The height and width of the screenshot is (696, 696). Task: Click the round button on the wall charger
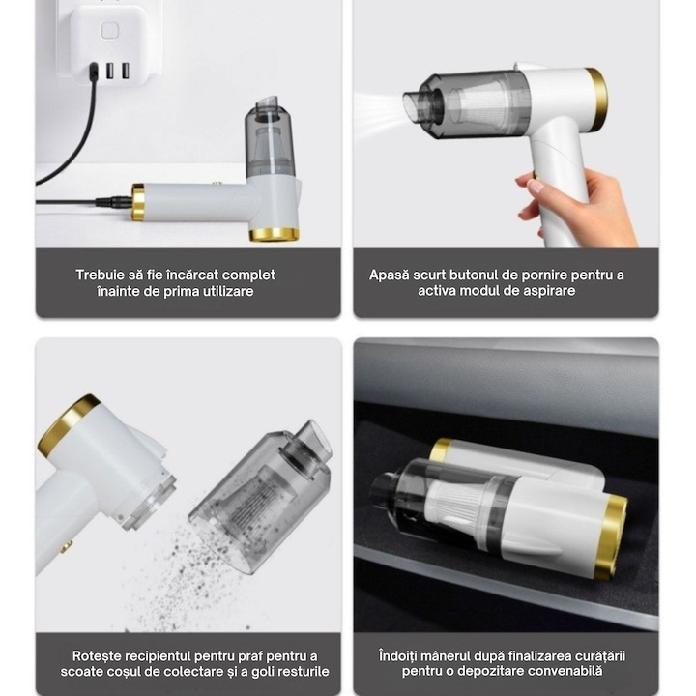point(109,31)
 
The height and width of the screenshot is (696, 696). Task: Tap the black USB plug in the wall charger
point(94,71)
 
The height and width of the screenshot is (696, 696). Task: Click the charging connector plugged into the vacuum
point(114,202)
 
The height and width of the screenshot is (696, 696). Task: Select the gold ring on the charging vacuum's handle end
point(138,202)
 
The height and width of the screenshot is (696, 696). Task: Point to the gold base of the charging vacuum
point(274,234)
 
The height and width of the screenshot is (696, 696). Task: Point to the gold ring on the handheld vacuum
point(596,99)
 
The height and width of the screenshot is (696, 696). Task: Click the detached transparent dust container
point(262,496)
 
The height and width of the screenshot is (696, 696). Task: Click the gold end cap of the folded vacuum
point(615,537)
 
